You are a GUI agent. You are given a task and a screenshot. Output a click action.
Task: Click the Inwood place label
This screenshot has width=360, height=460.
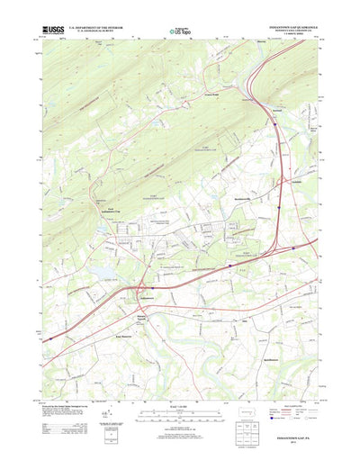[278, 112]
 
